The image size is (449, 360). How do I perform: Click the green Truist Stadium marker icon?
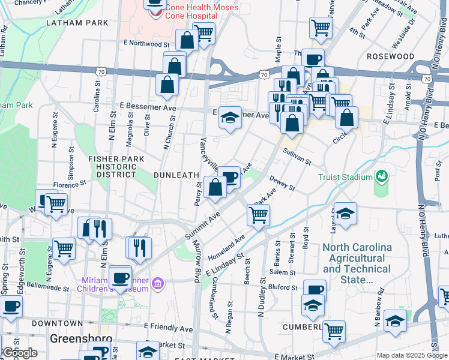point(381,176)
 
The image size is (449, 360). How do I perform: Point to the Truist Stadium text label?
point(345,178)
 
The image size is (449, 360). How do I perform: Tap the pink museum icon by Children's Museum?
point(158,283)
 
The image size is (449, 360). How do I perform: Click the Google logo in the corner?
point(20,352)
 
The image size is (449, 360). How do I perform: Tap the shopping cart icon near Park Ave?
point(258,215)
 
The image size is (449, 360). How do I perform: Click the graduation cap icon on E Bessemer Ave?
point(229,117)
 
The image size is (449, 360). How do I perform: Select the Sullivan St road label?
point(297,157)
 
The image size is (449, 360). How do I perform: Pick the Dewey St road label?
point(282,182)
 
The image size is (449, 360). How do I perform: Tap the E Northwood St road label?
point(147,44)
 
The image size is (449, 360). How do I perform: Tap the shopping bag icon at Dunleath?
point(215,187)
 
